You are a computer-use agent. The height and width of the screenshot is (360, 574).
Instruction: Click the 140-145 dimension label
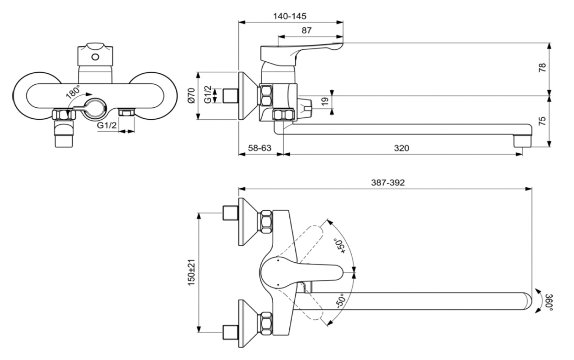(x=291, y=16)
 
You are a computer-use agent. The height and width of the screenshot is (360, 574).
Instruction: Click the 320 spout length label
(x=401, y=148)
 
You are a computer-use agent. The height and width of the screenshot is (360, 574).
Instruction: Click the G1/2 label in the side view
(x=207, y=95)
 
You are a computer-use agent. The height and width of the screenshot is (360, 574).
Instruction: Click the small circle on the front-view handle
(x=95, y=57)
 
